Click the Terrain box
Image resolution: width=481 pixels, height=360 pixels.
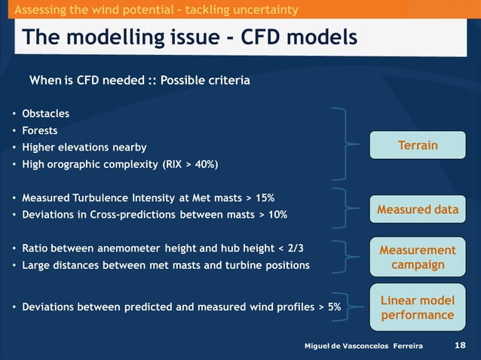(x=417, y=145)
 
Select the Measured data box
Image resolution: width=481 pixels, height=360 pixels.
(x=417, y=209)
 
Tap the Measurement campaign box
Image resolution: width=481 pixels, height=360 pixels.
(x=417, y=257)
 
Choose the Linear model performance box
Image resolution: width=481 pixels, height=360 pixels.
(x=417, y=307)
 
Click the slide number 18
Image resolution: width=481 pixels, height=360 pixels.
(x=461, y=345)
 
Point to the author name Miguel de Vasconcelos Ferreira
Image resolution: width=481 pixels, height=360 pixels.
(x=363, y=346)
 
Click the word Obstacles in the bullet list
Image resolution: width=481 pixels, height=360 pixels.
(x=45, y=114)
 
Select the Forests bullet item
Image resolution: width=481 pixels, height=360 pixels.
(x=39, y=130)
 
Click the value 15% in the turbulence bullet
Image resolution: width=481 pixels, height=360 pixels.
(x=264, y=198)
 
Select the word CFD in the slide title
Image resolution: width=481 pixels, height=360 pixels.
(x=265, y=37)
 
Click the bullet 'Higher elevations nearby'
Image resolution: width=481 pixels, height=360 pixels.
(x=84, y=147)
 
